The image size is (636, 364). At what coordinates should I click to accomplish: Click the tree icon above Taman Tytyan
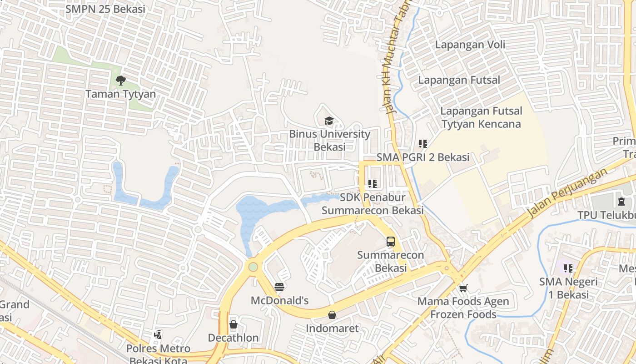(120, 81)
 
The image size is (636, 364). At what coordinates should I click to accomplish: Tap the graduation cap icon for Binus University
(329, 121)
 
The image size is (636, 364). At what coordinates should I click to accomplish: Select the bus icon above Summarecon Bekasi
(391, 241)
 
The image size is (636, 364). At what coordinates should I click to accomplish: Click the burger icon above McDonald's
(279, 287)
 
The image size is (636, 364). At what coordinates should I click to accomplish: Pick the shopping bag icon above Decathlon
(234, 324)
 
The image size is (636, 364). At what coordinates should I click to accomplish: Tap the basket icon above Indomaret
(332, 315)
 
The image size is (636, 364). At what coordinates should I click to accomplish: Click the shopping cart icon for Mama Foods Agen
(463, 288)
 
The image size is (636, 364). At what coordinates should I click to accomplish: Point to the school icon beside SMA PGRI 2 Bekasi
(423, 144)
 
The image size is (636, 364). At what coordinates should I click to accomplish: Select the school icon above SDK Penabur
(373, 184)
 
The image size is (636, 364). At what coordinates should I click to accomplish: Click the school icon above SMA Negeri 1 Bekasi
(568, 268)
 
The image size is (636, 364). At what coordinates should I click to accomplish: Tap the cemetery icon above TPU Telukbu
(621, 201)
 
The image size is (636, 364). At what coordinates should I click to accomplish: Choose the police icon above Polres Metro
(158, 335)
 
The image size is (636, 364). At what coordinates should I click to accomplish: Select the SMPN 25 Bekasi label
(105, 9)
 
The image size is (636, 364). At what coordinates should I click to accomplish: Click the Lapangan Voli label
(470, 45)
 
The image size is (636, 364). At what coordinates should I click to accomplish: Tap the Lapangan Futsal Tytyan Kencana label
(482, 117)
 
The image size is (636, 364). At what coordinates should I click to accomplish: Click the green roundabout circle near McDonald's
(253, 267)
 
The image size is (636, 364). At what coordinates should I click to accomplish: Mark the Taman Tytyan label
(121, 94)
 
